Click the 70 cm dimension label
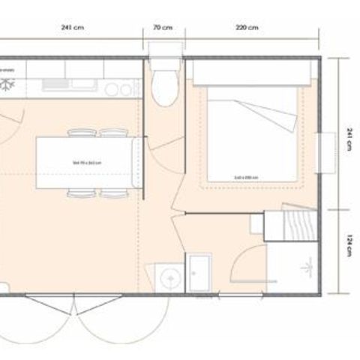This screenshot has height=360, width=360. pyautogui.click(x=163, y=28)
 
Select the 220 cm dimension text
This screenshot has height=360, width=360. pyautogui.click(x=247, y=28)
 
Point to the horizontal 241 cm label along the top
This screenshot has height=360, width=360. pyautogui.click(x=73, y=28)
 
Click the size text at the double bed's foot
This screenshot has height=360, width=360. pyautogui.click(x=246, y=177)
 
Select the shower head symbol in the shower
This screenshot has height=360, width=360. pyautogui.click(x=307, y=266)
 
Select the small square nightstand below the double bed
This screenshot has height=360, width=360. pyautogui.click(x=274, y=223)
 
